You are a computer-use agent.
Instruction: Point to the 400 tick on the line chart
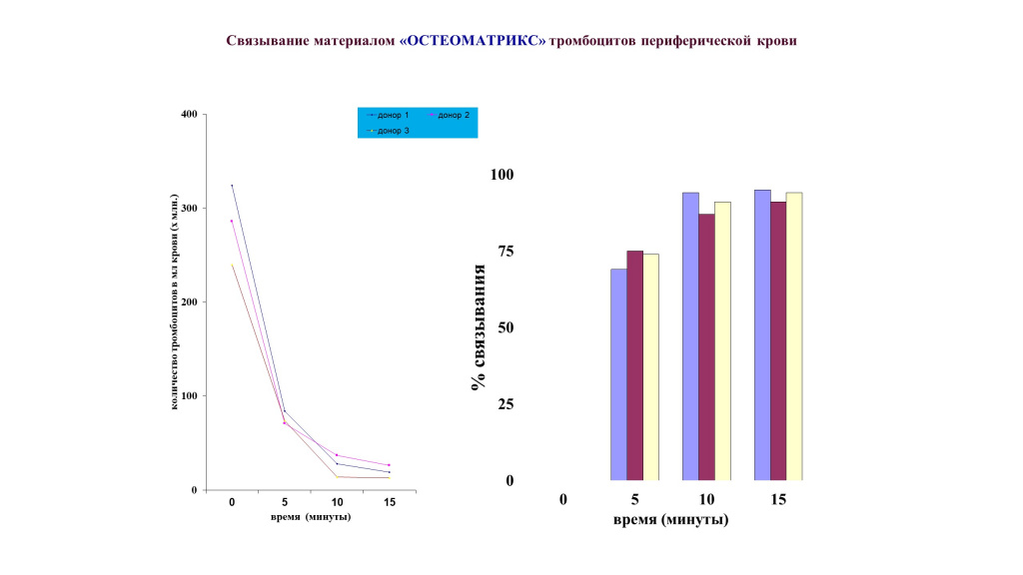pyautogui.click(x=188, y=114)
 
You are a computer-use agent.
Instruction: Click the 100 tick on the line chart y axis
pyautogui.click(x=188, y=396)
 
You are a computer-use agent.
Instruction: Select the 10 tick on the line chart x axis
pyautogui.click(x=337, y=502)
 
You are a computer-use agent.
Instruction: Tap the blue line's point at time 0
pyautogui.click(x=232, y=186)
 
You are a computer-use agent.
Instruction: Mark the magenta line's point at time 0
pyautogui.click(x=232, y=221)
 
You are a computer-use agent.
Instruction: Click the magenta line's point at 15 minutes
pyautogui.click(x=389, y=465)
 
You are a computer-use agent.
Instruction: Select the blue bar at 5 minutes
pyautogui.click(x=618, y=374)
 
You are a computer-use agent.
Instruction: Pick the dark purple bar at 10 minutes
pyautogui.click(x=706, y=347)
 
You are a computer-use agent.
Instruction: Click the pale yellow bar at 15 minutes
pyautogui.click(x=794, y=336)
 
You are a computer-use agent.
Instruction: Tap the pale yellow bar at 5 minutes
pyautogui.click(x=650, y=367)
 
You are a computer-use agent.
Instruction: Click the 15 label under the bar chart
pyautogui.click(x=778, y=499)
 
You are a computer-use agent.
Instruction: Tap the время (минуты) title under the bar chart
pyautogui.click(x=669, y=520)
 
